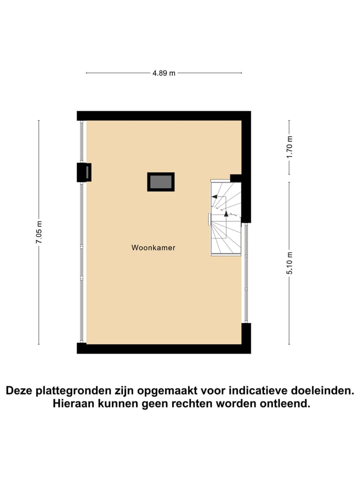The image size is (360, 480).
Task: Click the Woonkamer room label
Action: tap(153, 247)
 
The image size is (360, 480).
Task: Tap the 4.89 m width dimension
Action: tap(164, 73)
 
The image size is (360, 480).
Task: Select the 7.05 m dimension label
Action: tap(39, 233)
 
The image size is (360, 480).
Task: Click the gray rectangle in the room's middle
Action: tap(160, 181)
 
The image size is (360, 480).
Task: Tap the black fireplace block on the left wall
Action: tap(83, 172)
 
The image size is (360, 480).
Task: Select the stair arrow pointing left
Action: tap(215, 197)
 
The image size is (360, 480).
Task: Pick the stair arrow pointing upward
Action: tap(226, 213)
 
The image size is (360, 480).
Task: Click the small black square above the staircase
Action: tap(235, 177)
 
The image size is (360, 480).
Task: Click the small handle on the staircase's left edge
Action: tap(209, 219)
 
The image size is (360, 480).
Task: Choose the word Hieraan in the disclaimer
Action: tap(72, 404)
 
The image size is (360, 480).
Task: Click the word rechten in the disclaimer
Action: tap(192, 404)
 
